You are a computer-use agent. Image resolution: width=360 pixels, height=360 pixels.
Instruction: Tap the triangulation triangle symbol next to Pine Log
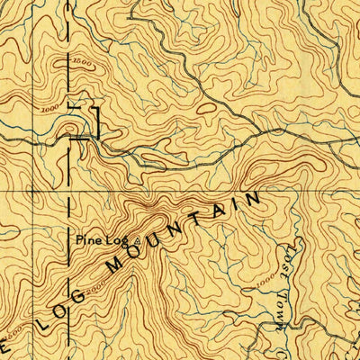point(137,240)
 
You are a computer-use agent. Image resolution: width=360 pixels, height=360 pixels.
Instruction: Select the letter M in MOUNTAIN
point(112,266)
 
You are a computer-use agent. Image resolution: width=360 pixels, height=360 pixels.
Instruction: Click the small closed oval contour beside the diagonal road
point(205,108)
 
